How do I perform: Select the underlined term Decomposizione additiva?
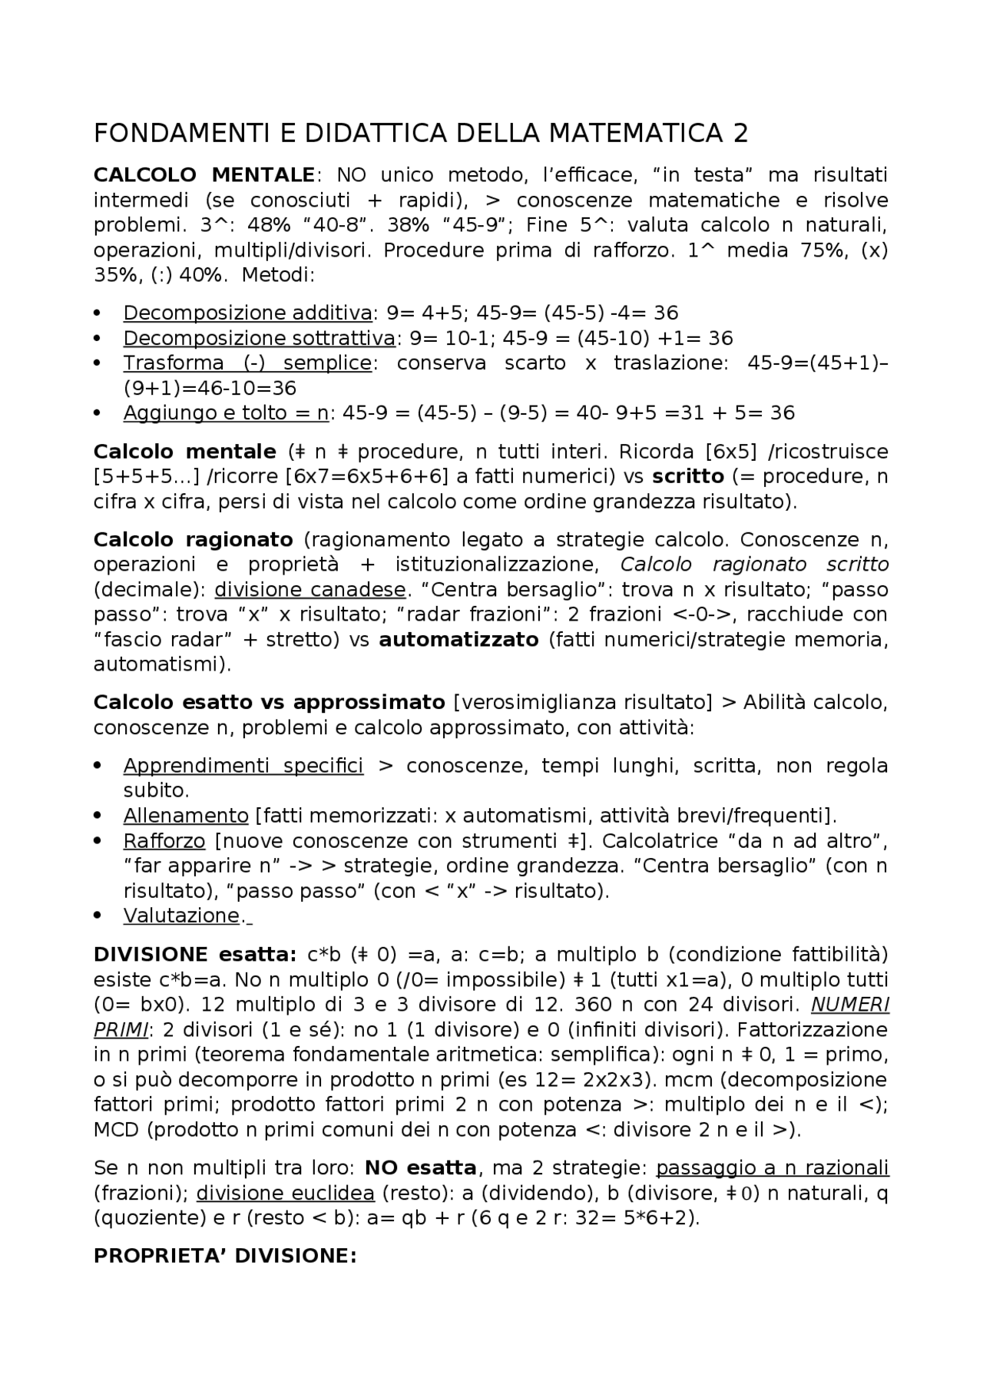(247, 313)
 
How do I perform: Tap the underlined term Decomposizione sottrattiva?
(259, 338)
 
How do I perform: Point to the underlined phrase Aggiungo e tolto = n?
(226, 413)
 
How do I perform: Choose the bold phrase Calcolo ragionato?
(193, 539)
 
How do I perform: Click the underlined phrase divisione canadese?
(309, 590)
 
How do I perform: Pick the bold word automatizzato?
(458, 640)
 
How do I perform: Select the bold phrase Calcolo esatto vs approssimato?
(269, 702)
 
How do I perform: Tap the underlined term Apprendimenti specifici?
(243, 766)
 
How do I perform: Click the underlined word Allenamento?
(186, 816)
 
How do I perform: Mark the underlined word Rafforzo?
(164, 841)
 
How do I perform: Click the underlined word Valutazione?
(181, 916)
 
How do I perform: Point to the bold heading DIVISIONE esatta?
(194, 955)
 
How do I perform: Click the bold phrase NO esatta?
(420, 1168)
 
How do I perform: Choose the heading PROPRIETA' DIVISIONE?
(225, 1256)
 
